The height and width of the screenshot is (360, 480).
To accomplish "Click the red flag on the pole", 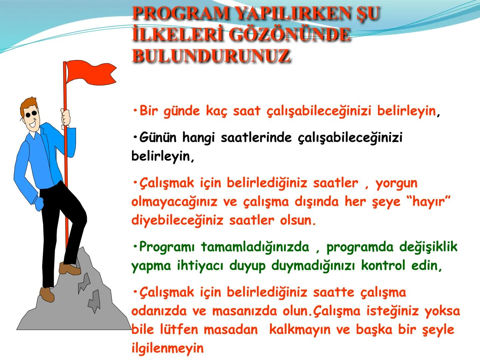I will (x=90, y=73).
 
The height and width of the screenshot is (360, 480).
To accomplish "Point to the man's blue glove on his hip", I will (x=39, y=203).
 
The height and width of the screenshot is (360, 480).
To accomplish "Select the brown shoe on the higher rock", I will (x=70, y=268).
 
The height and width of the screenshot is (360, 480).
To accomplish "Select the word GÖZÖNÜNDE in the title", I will (x=290, y=35).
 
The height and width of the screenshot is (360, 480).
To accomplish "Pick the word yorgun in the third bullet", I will (x=396, y=183).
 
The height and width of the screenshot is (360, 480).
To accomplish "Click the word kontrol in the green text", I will (x=383, y=266).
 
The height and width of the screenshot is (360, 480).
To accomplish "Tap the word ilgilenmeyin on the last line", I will (x=167, y=348).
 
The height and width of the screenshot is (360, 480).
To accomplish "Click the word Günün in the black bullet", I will (x=158, y=137).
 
